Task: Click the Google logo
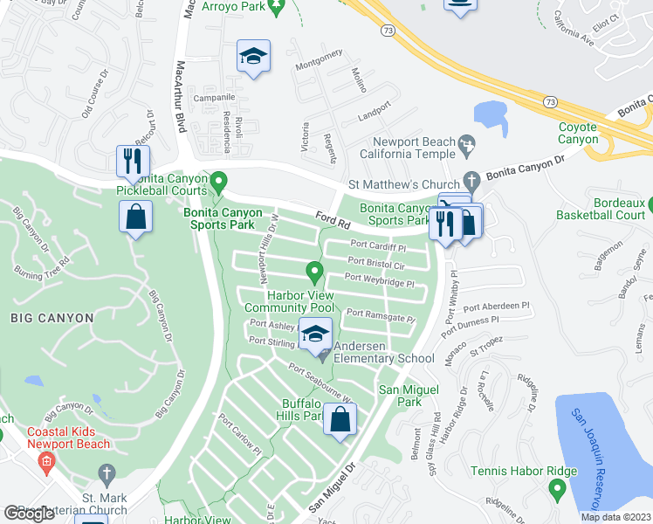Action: click(x=29, y=514)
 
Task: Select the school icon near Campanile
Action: click(x=253, y=57)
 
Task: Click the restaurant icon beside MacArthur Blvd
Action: click(x=133, y=161)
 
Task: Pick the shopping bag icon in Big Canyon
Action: click(x=136, y=217)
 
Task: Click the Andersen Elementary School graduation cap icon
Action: click(x=316, y=333)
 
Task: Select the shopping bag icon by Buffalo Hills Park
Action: click(x=340, y=420)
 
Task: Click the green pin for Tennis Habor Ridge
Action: click(x=556, y=491)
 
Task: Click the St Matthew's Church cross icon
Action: click(x=472, y=183)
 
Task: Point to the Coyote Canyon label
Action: click(x=578, y=133)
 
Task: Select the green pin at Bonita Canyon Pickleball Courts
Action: click(x=220, y=183)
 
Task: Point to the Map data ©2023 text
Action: click(x=615, y=517)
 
